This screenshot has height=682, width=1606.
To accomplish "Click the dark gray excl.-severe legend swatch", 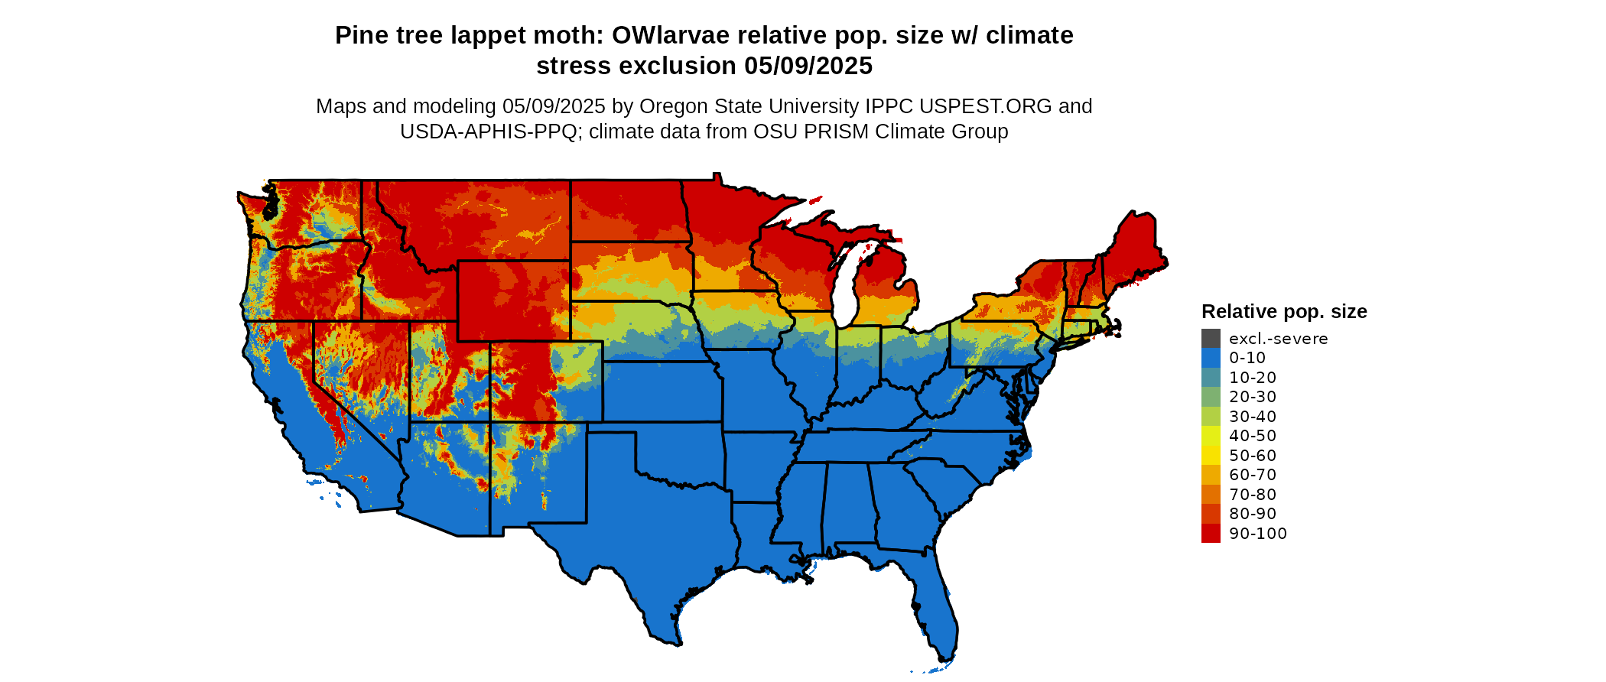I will point(1211,338).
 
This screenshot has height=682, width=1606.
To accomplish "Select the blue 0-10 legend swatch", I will point(1211,358).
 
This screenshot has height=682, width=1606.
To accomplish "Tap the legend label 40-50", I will point(1253,436).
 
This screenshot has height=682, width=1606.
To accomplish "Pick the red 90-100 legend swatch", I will point(1211,534).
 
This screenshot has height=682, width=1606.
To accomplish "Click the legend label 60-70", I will point(1253,475).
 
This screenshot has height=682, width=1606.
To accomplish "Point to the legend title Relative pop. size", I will point(1284,312).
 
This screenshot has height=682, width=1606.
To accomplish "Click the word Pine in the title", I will point(356,36).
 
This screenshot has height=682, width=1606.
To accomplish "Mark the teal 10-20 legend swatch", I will point(1211,378).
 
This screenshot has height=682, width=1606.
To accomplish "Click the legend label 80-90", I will point(1253,514).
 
